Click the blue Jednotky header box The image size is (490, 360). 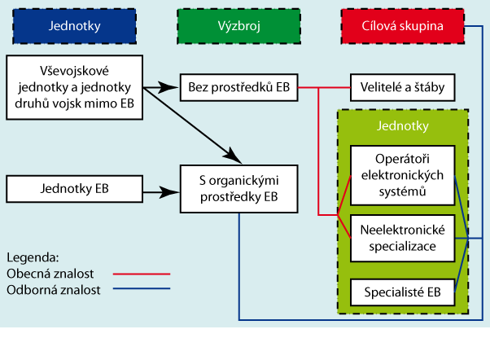pyautogui.click(x=75, y=26)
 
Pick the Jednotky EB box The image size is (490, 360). pyautogui.click(x=74, y=188)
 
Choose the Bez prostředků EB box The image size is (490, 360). pyautogui.click(x=239, y=85)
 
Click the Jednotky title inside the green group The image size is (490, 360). pyautogui.click(x=403, y=127)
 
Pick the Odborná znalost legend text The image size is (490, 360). pyautogui.click(x=52, y=290)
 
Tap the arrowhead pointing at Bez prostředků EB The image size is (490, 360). pyautogui.click(x=174, y=85)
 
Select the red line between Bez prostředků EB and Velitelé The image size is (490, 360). pyautogui.click(x=324, y=85)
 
